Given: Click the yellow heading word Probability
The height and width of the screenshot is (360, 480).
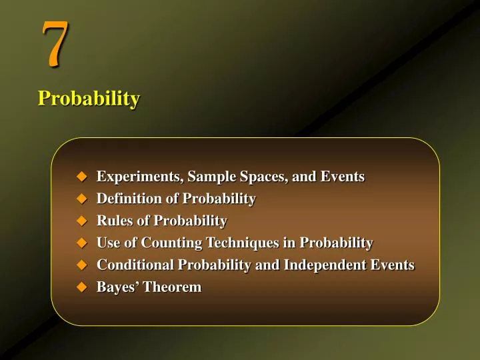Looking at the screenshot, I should (x=89, y=99).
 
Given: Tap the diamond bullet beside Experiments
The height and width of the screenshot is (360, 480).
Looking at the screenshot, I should (x=82, y=177).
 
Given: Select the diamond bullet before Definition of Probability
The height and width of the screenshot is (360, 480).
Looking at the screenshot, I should (x=82, y=199).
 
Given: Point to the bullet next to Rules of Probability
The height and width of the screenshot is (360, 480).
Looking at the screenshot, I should (x=82, y=221).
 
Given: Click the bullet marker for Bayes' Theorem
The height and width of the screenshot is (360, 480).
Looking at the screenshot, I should (x=82, y=287).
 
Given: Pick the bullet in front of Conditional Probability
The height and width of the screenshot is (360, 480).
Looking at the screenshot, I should (x=82, y=265).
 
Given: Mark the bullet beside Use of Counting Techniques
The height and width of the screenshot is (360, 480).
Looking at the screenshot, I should (x=82, y=243).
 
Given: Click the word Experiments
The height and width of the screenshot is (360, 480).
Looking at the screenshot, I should (x=139, y=177).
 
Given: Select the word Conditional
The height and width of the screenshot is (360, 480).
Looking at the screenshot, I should (x=135, y=265).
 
